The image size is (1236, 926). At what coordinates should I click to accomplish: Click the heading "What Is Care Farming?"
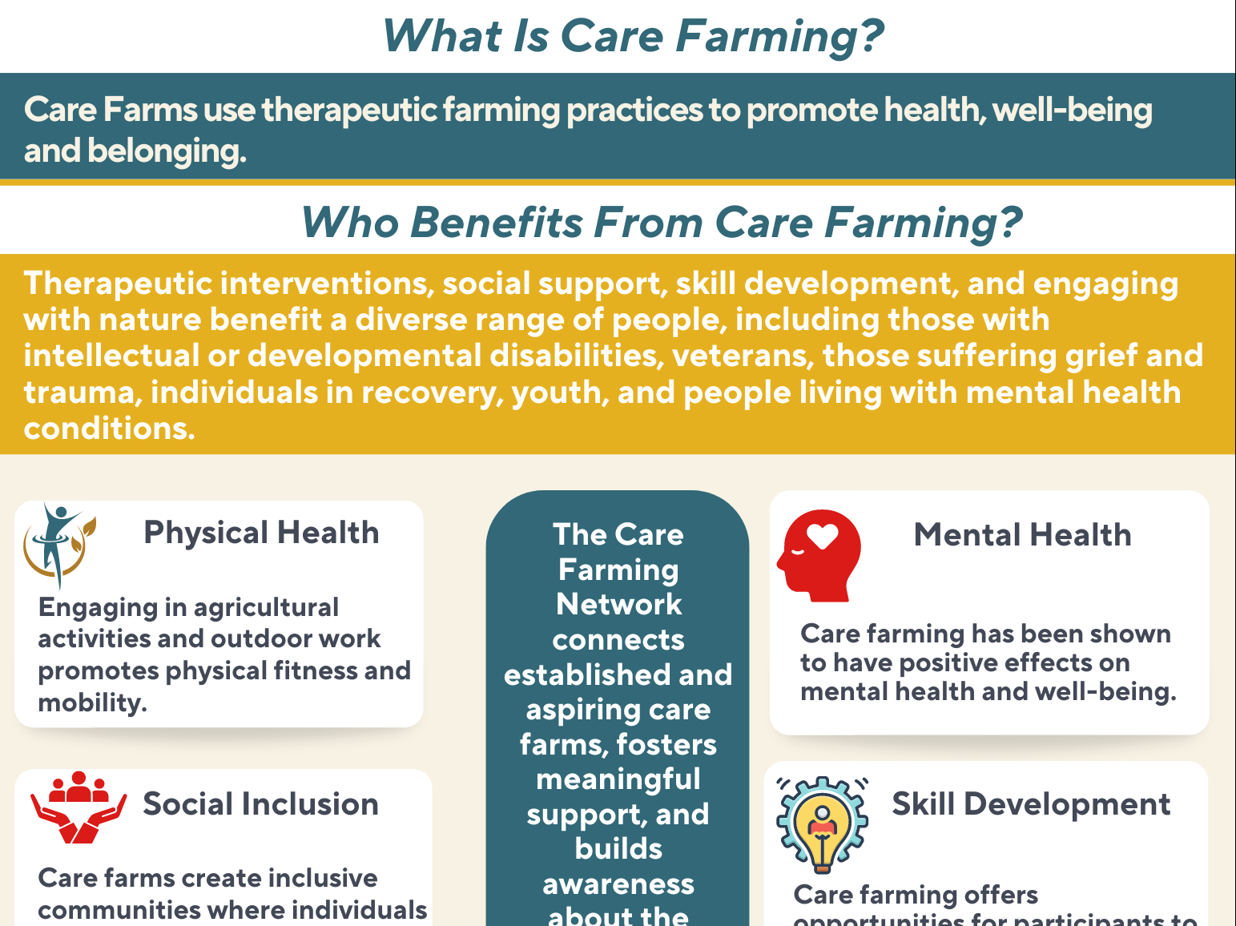[x=633, y=37]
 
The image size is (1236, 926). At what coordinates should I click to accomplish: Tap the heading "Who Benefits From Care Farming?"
[x=661, y=222]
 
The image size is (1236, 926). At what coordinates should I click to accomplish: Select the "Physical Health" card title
[x=261, y=533]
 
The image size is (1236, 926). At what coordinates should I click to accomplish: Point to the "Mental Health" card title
[x=1022, y=535]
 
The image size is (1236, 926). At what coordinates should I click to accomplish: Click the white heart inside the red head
[x=823, y=535]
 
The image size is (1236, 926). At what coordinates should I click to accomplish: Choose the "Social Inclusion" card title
[x=260, y=804]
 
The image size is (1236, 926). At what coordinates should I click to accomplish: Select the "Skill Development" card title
[x=1031, y=804]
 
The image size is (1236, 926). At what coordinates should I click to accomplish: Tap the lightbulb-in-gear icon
[x=822, y=824]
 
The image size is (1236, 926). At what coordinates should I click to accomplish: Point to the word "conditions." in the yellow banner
[x=109, y=429]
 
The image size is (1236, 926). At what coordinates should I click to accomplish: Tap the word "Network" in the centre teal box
[x=618, y=604]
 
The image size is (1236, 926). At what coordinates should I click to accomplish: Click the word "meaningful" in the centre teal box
[x=618, y=779]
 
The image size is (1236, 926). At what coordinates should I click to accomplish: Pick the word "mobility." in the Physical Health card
[x=92, y=703]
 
